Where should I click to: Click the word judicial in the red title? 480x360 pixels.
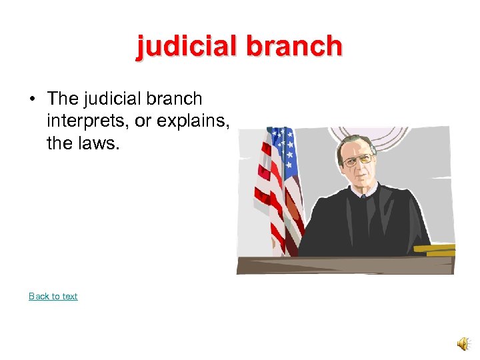[x=186, y=46]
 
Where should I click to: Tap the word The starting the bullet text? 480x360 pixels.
[x=63, y=99]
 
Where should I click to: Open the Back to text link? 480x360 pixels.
[x=53, y=296]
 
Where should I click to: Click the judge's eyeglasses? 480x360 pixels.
[x=358, y=160]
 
